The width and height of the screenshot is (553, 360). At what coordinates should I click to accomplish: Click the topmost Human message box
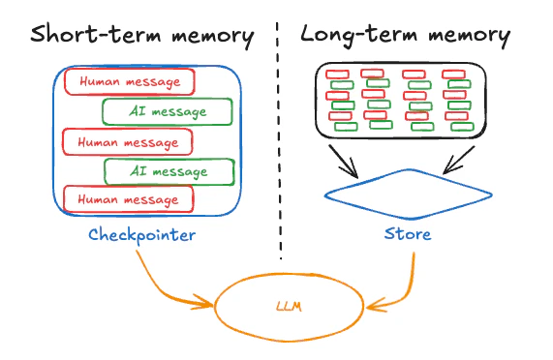130,81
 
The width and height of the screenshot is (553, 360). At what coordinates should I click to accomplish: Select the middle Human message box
128,141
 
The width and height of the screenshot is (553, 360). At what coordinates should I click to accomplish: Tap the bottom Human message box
128,199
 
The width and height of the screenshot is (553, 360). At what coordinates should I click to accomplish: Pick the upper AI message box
167,111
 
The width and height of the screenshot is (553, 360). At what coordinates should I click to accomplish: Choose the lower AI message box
169,171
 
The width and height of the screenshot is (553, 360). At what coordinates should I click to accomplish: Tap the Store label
407,234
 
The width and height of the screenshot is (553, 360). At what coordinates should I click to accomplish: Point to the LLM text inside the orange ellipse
289,307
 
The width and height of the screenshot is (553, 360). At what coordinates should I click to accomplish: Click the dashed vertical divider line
281,145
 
